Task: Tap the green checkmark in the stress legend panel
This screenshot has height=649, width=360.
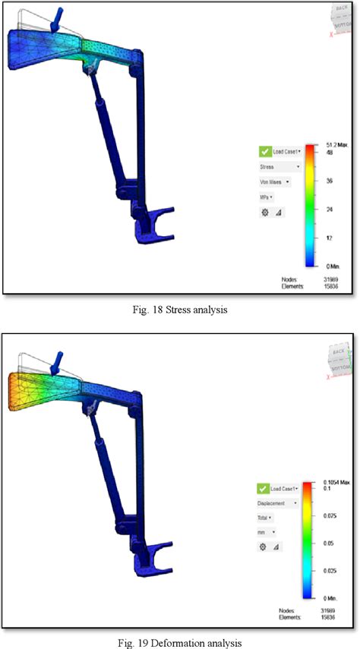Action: point(265,151)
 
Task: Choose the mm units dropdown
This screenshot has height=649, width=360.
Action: point(268,534)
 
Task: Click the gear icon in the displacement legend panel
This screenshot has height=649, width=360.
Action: point(264,548)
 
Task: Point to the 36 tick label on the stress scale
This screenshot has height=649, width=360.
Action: point(330,181)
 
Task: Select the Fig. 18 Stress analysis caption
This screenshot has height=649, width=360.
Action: point(180,310)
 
